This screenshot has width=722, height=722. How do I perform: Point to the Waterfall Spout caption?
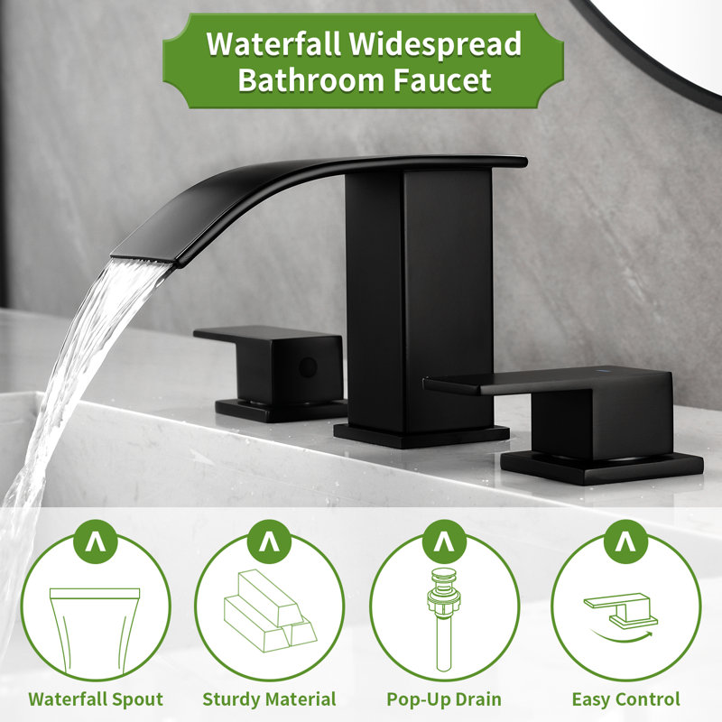(x=96, y=699)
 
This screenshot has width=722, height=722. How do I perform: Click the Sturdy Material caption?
(x=269, y=699)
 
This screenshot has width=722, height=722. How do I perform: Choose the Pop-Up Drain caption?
(x=444, y=699)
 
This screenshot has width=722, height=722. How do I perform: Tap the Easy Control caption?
(x=625, y=699)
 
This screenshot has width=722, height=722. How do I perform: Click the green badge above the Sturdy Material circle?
(x=269, y=542)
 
